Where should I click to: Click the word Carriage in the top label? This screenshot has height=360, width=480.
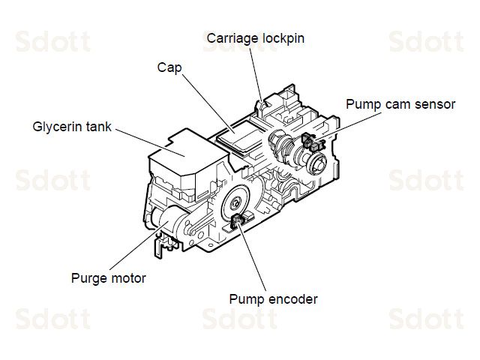[x=231, y=37]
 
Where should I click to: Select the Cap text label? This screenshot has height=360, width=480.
[x=169, y=67]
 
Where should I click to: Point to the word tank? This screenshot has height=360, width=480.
[x=97, y=127]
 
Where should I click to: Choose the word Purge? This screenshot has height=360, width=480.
[x=88, y=278]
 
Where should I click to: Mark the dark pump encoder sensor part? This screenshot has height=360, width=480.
[x=240, y=220]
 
